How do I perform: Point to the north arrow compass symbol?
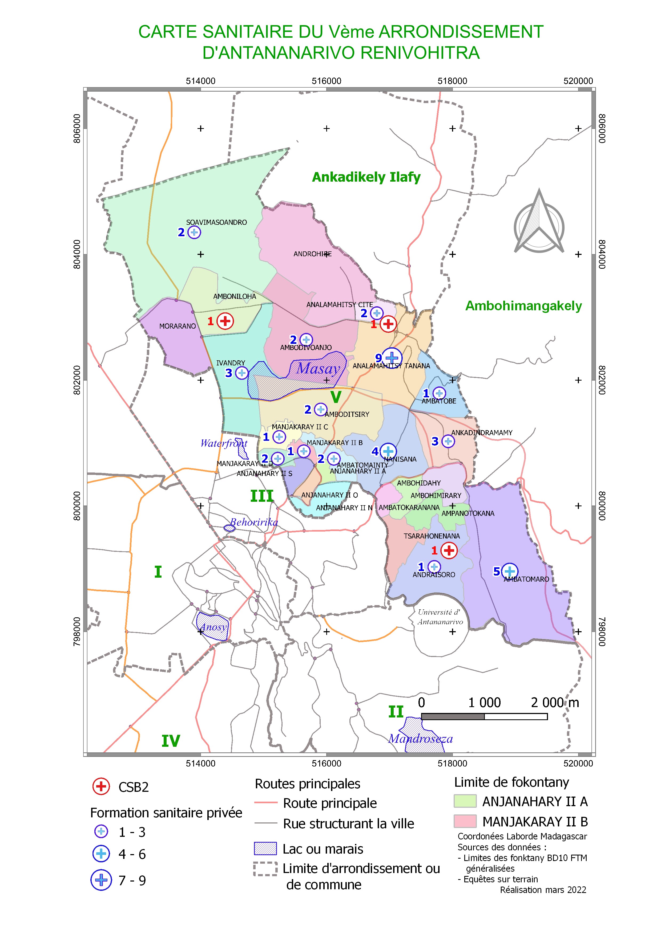(539, 223)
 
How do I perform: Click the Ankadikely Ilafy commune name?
(366, 177)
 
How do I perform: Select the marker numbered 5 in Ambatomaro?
(509, 572)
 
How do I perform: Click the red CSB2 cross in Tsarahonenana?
(449, 550)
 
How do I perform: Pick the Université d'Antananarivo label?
(440, 617)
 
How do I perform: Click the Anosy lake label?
(213, 627)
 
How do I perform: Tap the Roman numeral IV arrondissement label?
(171, 741)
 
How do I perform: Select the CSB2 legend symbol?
(101, 786)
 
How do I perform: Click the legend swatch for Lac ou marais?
(265, 848)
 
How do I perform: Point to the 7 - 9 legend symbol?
(101, 880)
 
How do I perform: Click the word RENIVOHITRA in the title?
(420, 53)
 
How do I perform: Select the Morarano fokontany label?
(178, 326)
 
